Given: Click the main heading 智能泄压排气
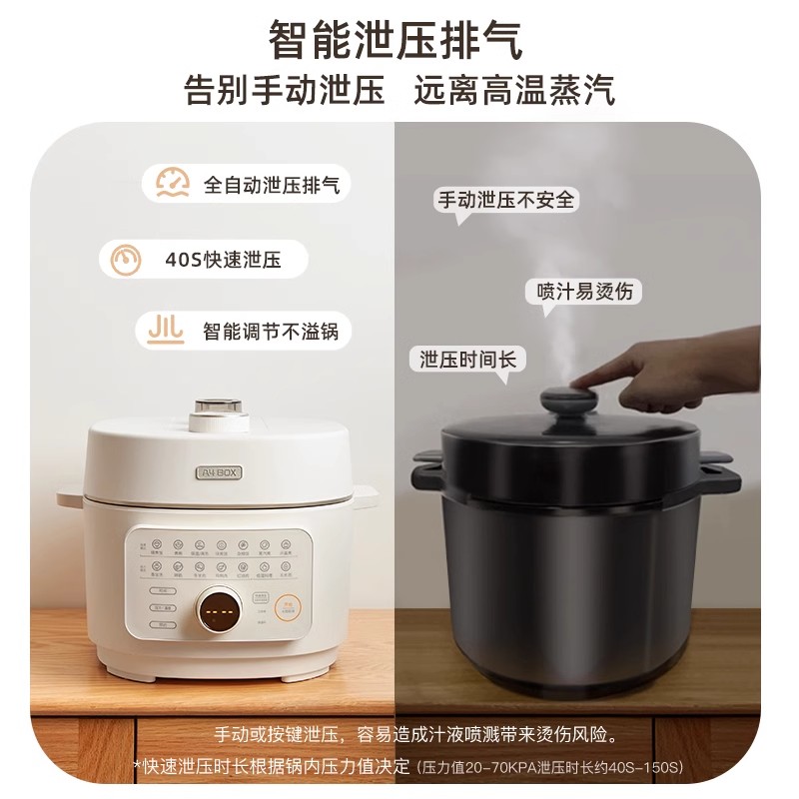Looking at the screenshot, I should (x=397, y=41).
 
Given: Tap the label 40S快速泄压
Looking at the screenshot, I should (x=223, y=261).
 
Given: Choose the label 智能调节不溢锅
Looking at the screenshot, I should (x=270, y=331).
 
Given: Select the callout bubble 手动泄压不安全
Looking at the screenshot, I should (x=507, y=200).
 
